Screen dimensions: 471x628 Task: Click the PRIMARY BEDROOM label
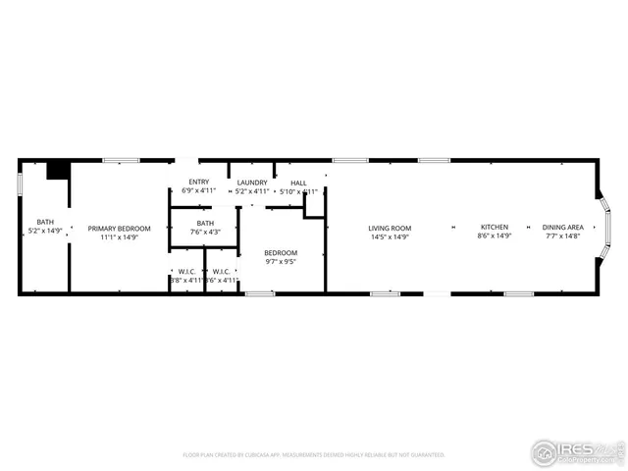(119, 228)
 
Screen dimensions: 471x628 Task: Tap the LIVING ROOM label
(390, 228)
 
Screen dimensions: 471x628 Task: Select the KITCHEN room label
(494, 228)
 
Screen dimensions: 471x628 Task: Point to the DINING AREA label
(564, 228)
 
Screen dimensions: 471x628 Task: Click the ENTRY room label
(198, 182)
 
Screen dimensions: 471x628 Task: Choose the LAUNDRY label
(252, 182)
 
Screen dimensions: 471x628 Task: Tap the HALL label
(298, 182)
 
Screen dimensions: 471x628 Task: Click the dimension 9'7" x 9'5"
(280, 262)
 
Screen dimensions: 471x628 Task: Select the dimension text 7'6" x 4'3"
(205, 233)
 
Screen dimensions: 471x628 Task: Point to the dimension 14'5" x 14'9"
(390, 236)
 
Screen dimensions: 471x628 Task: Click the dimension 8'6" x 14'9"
(494, 236)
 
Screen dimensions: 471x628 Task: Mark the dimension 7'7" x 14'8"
(564, 236)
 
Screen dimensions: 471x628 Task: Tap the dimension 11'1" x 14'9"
(119, 236)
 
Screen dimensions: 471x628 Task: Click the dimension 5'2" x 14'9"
(45, 231)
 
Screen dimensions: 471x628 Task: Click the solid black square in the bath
(59, 171)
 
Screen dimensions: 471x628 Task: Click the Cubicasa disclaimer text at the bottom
(314, 455)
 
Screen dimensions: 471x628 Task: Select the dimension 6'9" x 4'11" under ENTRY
(198, 190)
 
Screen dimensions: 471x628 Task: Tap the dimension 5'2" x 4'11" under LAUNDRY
(252, 190)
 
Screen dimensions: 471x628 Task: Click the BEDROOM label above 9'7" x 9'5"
(280, 253)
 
